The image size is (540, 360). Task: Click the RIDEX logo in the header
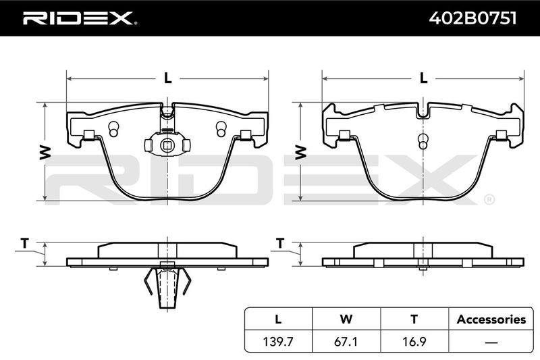(80, 18)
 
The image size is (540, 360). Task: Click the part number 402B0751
(473, 18)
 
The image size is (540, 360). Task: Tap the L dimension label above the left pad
(167, 78)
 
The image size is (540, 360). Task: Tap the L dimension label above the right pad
(423, 78)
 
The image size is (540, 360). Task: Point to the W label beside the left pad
(45, 153)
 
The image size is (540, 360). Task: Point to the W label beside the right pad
(300, 153)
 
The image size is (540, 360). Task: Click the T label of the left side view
(24, 243)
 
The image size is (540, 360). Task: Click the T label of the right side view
(280, 243)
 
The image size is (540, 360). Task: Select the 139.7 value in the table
(278, 342)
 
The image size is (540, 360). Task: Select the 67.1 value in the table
(346, 342)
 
